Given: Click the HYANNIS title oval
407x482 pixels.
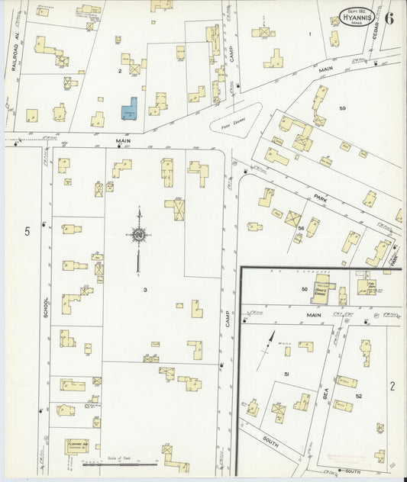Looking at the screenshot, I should point(357,16).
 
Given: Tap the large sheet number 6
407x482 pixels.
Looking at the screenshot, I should point(389,19).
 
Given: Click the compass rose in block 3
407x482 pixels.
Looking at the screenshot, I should point(138,236).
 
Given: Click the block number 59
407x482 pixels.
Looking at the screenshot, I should point(342,108).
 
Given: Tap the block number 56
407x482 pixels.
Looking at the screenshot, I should point(301,228).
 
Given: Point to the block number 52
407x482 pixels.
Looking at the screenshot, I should point(357,397).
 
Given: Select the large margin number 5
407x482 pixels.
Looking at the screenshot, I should point(27,232).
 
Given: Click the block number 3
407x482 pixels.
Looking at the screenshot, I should point(144,290).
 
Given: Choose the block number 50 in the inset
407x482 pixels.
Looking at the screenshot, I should point(304,290).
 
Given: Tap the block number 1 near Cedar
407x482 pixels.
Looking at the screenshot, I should point(310,34).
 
